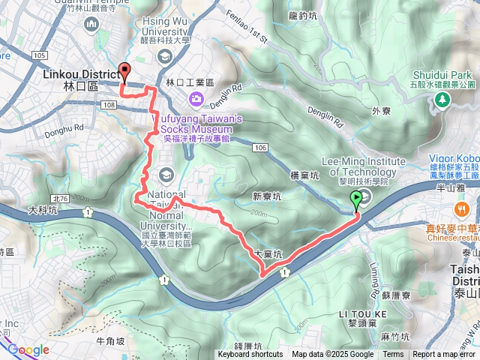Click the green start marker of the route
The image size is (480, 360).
(x=355, y=199)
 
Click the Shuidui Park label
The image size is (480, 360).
(x=440, y=75)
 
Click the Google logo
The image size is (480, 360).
(x=28, y=349)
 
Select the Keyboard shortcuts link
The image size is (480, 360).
(x=250, y=355)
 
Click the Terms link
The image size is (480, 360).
(x=393, y=355)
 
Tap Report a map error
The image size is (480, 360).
(x=445, y=355)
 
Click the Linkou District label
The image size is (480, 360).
(x=82, y=75)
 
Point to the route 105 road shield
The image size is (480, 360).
(x=40, y=55)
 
